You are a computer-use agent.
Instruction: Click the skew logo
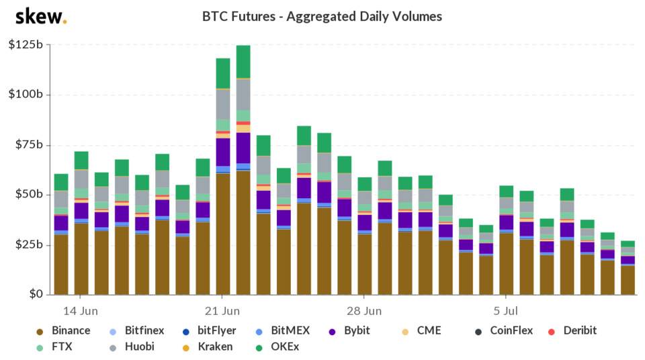coord(40,16)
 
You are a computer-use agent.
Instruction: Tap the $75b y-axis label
coord(28,144)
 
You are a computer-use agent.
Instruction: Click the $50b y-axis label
coord(28,195)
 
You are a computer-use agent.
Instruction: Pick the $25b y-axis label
coord(28,244)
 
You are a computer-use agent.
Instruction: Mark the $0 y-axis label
coord(34,294)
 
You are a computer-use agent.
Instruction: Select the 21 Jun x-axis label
coord(222,311)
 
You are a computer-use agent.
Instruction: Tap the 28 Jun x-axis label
coord(363,311)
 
